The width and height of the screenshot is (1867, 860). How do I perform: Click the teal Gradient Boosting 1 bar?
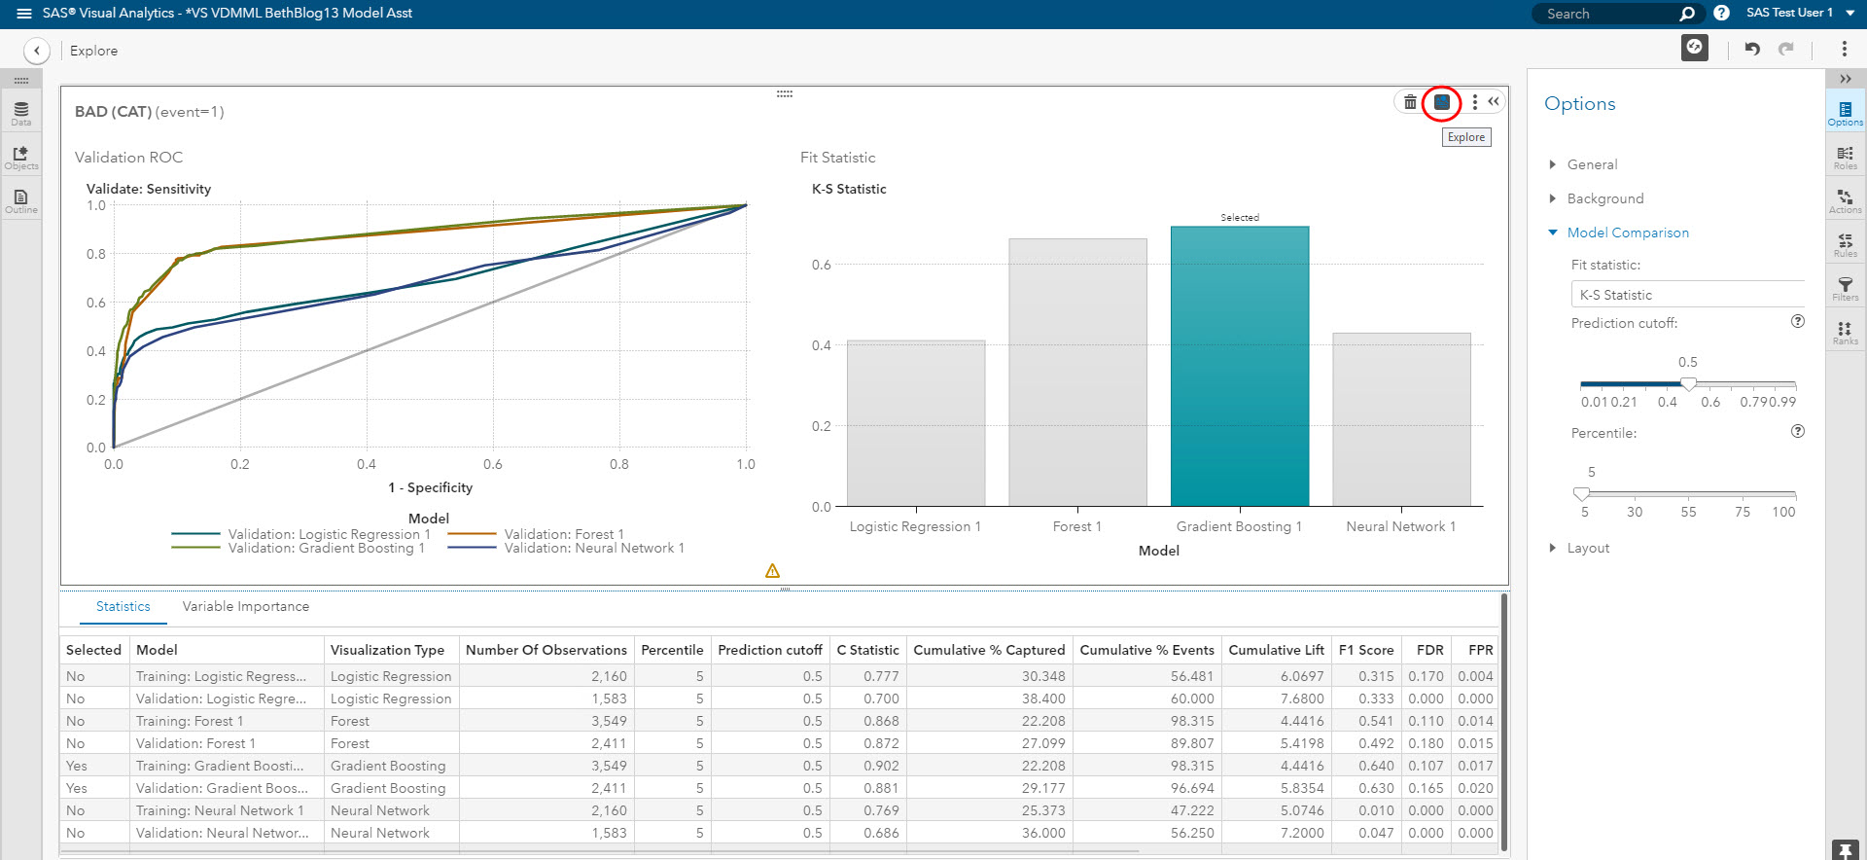[1240, 367]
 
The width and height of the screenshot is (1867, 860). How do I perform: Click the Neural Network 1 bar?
[1401, 419]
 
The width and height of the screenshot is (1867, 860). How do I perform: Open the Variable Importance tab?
[245, 606]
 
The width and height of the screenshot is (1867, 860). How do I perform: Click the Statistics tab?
[123, 606]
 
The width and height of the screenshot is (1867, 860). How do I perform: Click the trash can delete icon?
[1410, 102]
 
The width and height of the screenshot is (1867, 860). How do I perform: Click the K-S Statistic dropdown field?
[1687, 295]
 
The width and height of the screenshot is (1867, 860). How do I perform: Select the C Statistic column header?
[867, 650]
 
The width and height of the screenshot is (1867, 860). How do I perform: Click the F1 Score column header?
[1365, 650]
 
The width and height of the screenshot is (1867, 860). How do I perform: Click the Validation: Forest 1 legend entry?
[563, 534]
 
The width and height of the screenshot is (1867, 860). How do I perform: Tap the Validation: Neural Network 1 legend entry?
[593, 548]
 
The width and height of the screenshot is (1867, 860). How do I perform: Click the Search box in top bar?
[1609, 14]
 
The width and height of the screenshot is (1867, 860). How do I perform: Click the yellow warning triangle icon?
[772, 571]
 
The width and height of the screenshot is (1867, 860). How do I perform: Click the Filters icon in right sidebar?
[1845, 289]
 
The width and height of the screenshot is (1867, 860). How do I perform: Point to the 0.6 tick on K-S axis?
[822, 265]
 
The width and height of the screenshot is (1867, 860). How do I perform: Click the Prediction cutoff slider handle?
[1688, 384]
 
